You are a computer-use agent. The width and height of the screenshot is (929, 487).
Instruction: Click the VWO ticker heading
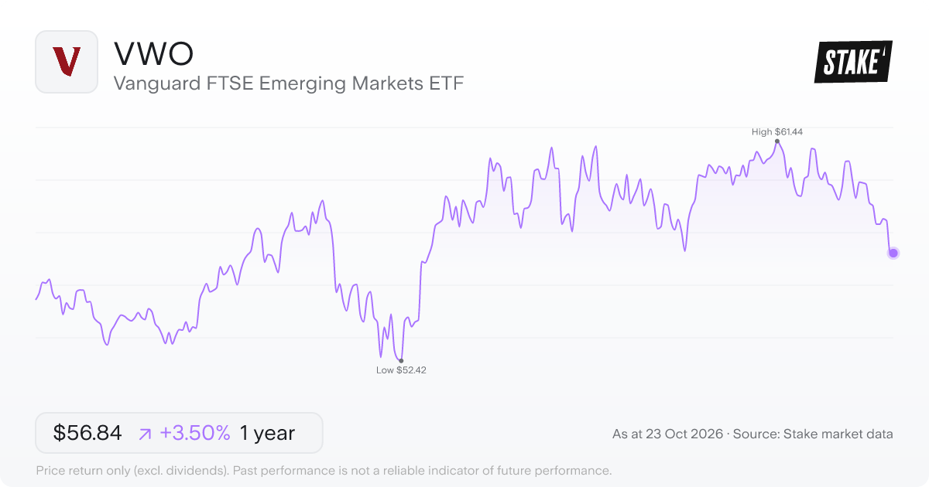153,54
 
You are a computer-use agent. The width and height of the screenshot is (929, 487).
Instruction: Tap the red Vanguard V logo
67,61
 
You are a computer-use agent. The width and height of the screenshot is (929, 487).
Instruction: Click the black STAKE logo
853,62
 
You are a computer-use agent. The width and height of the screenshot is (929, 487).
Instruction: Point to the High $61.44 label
776,131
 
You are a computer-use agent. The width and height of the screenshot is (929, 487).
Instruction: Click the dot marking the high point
776,141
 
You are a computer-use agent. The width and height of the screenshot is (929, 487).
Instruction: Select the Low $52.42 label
401,370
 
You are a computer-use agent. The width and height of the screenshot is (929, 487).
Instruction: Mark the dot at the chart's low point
401,361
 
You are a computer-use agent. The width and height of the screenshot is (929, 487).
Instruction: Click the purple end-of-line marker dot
893,253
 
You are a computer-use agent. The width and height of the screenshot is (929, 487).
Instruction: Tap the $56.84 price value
87,433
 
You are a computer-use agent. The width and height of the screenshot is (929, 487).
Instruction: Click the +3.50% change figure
195,433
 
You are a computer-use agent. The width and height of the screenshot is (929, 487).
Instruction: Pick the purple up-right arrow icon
145,434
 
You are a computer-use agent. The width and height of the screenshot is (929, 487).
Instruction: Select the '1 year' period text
268,433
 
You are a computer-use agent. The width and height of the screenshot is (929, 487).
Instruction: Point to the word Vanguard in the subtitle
157,83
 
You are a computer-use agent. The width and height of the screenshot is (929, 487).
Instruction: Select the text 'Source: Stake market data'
813,434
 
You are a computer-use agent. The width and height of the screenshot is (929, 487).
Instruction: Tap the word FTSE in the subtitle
230,83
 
